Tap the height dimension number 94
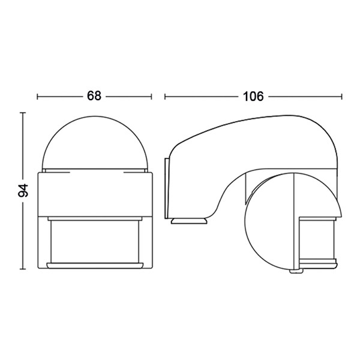23,191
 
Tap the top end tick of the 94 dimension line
23,112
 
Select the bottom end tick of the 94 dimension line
23,269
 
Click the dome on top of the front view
94,141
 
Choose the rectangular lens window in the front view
94,240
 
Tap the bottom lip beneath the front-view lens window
94,265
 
